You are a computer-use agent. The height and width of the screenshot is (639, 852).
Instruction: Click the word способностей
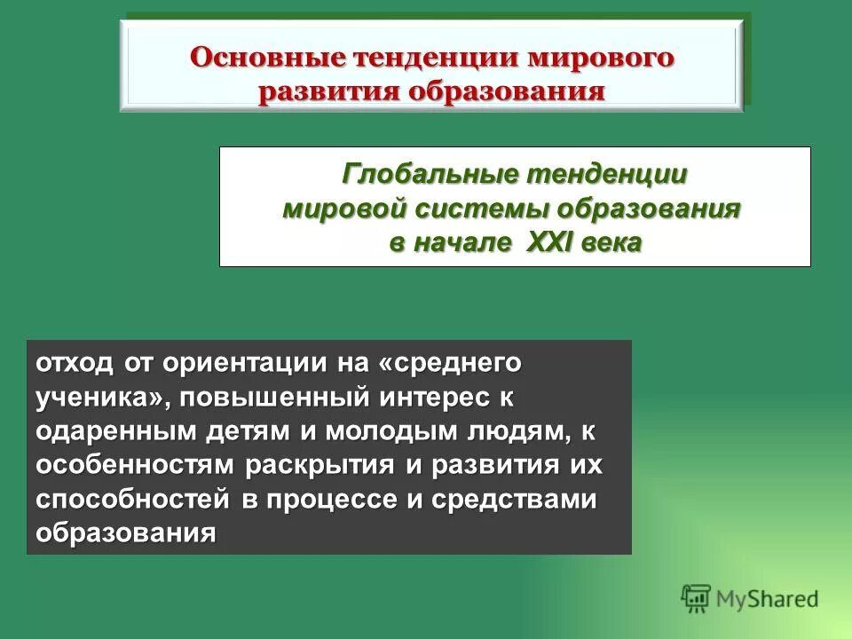[121, 499]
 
